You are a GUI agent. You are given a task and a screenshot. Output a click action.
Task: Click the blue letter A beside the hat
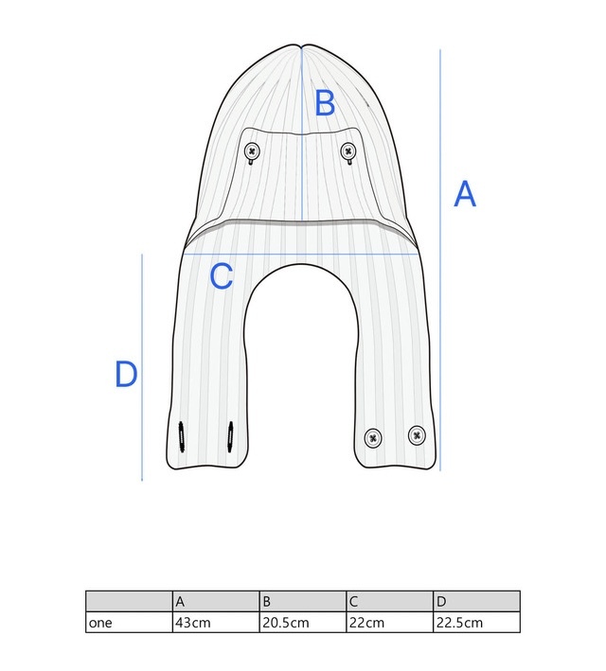(465, 194)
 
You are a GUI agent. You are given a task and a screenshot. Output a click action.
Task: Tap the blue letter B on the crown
(325, 103)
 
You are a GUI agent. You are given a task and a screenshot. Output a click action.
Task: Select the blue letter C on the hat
(221, 276)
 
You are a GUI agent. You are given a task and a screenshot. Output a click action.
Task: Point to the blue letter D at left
(126, 374)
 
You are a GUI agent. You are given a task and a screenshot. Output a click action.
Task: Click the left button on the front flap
(252, 151)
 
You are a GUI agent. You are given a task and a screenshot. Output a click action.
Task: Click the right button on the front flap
(348, 151)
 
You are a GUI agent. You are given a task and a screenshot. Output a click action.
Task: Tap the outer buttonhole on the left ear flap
(181, 437)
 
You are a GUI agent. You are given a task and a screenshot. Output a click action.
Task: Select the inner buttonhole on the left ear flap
(230, 437)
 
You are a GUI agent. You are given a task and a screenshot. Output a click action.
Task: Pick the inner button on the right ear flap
(373, 438)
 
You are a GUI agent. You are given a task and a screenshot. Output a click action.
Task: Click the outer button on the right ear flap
(417, 435)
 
